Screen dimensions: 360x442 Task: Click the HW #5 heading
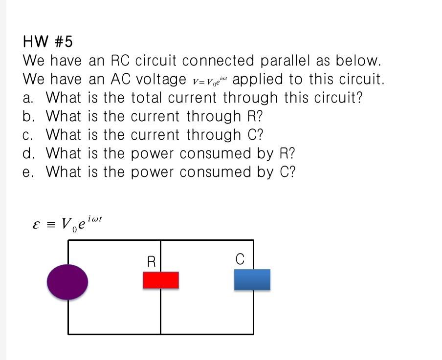coord(47,42)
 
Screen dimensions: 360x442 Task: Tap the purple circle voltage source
coord(67,282)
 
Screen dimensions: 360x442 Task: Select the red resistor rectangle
coord(160,280)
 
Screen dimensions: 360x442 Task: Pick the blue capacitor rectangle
coord(252,280)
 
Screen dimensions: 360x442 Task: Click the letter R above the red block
coord(152,262)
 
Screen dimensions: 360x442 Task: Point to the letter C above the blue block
coord(240,260)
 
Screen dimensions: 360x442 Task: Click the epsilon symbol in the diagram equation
coord(35,225)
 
